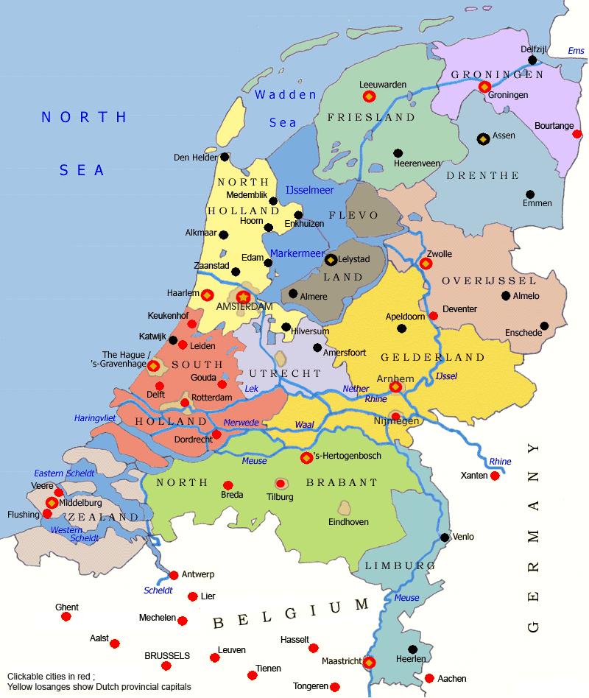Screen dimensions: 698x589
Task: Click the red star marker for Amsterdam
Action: pyautogui.click(x=243, y=297)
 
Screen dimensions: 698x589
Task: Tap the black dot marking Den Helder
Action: pyautogui.click(x=225, y=157)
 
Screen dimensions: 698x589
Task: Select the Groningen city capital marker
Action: pyautogui.click(x=484, y=87)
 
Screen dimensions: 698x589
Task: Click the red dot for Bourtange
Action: pyautogui.click(x=577, y=134)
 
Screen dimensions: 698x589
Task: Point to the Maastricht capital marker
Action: pyautogui.click(x=370, y=662)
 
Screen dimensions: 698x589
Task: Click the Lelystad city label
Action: pyautogui.click(x=356, y=260)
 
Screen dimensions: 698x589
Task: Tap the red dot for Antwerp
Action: pyautogui.click(x=174, y=575)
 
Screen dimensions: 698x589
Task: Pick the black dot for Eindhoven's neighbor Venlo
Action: pyautogui.click(x=445, y=537)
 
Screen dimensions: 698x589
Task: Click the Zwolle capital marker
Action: pyautogui.click(x=426, y=263)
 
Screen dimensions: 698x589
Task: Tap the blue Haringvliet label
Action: pyautogui.click(x=96, y=418)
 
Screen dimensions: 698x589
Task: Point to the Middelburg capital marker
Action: pyautogui.click(x=52, y=503)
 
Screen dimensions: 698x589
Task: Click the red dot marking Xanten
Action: pyautogui.click(x=495, y=476)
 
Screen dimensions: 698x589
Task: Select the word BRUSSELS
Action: pyautogui.click(x=167, y=655)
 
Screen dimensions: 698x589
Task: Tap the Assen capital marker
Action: pyautogui.click(x=483, y=138)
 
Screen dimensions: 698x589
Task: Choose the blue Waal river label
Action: pyautogui.click(x=304, y=425)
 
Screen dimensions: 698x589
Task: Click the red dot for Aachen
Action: pyautogui.click(x=429, y=678)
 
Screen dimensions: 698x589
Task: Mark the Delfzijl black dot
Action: pyautogui.click(x=532, y=60)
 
